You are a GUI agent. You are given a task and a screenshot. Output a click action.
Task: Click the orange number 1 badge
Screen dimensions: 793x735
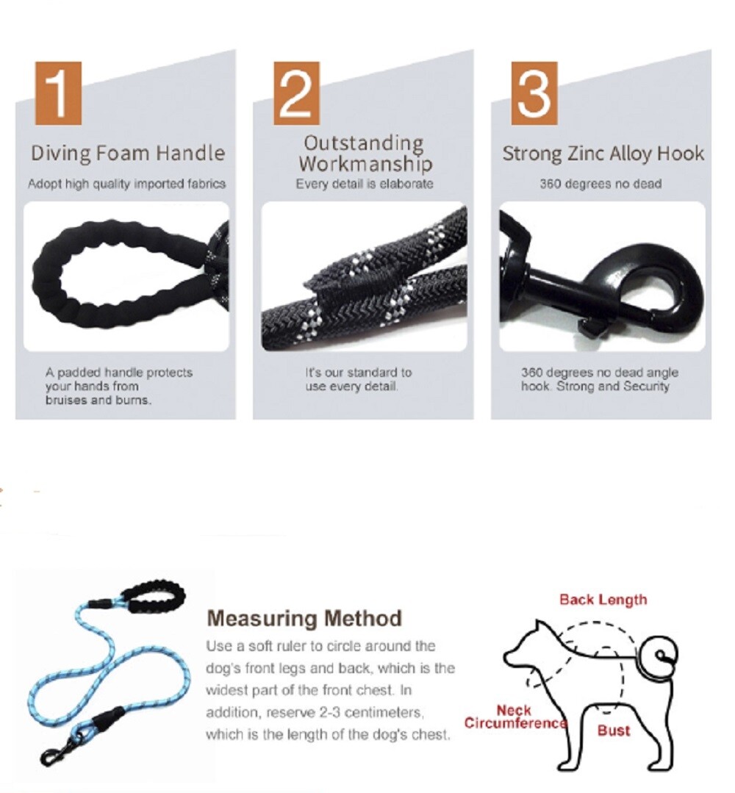(57, 93)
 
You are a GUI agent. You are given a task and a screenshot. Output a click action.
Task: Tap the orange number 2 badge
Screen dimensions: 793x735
(296, 93)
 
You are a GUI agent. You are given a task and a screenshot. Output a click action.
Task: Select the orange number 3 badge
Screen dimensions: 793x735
(534, 93)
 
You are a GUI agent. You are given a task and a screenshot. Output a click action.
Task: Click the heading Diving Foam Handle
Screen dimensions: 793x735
(127, 153)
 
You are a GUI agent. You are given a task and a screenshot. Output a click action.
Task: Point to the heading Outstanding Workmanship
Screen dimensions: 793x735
(365, 152)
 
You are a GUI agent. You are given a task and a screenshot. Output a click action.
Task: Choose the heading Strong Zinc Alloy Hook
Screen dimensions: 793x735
(603, 153)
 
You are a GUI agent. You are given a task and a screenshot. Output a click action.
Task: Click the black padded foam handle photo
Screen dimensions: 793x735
(110, 275)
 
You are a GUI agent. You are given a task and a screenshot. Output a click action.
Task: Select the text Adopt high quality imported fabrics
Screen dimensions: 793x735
(126, 184)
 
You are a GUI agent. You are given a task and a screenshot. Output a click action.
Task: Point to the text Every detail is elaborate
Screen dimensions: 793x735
(365, 184)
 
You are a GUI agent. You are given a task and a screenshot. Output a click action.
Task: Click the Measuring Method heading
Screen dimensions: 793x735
(304, 618)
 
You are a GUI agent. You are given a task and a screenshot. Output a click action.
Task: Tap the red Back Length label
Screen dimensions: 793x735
(603, 600)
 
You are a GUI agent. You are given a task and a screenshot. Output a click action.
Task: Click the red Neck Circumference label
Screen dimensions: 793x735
(514, 717)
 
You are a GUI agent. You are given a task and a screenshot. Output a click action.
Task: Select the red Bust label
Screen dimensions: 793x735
(613, 731)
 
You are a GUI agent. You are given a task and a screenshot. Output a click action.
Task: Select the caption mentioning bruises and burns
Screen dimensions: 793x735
(118, 387)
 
